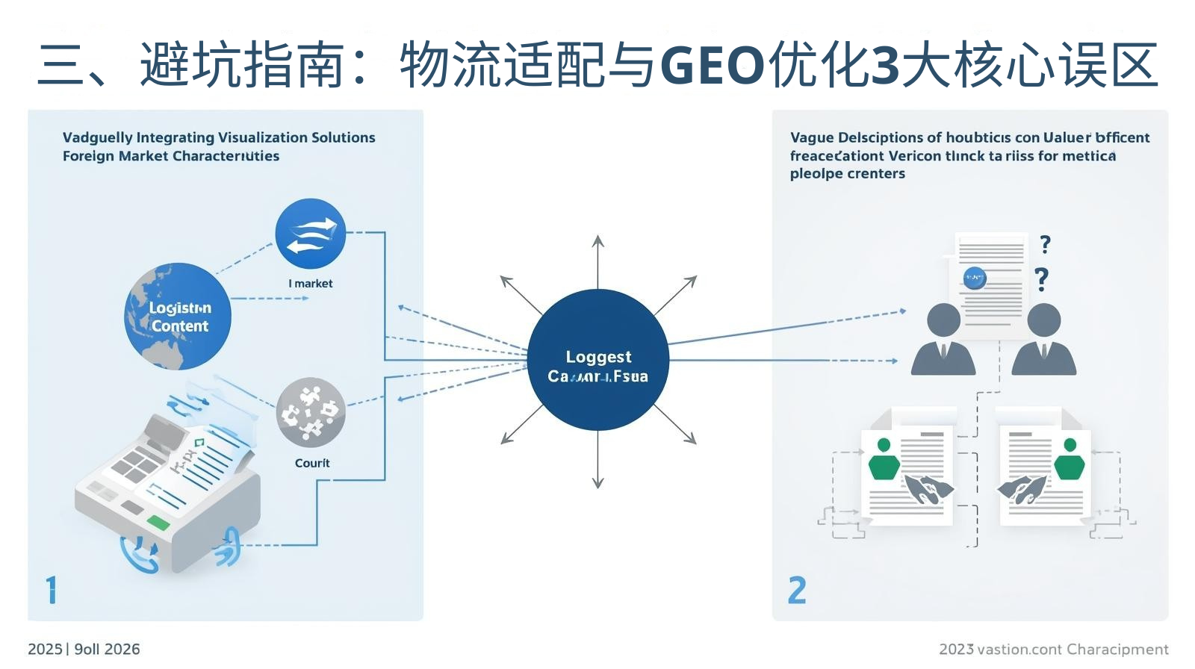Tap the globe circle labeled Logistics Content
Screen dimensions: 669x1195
pos(178,316)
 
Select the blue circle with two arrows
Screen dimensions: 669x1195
pos(310,234)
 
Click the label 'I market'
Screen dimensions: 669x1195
pos(311,284)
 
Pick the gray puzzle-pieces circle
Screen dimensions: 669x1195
pos(311,412)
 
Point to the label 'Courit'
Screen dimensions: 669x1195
pos(312,463)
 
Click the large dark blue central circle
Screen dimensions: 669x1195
pos(597,360)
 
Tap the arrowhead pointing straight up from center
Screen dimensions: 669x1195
pos(597,240)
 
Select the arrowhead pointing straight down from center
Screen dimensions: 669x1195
pos(597,482)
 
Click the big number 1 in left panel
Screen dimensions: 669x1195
pos(51,590)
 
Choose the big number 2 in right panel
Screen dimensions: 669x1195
pos(797,591)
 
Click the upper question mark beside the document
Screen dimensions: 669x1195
pos(1045,243)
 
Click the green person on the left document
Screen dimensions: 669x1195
pos(884,460)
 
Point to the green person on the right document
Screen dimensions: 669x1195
pos(1070,460)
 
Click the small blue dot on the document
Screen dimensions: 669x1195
pos(975,278)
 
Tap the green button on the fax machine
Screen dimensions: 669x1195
pos(159,522)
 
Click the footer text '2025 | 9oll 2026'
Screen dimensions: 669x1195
pos(84,649)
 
